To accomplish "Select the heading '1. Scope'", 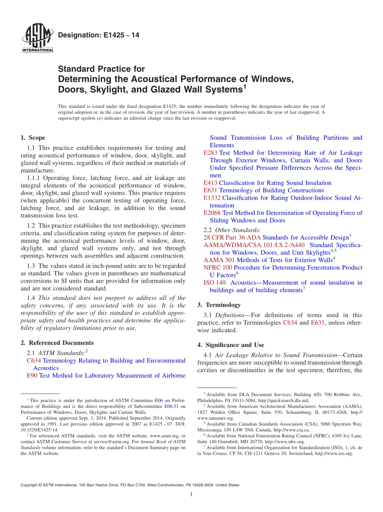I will tap(33, 138).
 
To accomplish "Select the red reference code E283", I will tap(210, 153).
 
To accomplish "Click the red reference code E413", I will tap(210, 183).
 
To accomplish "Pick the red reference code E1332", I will tap(212, 198).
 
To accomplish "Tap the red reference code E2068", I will tap(212, 213).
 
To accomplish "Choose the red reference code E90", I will tap(32, 376).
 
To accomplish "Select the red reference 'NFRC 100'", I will tap(218, 268).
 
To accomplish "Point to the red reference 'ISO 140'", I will tap(214, 283).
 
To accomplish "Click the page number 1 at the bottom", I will tap(191, 495).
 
